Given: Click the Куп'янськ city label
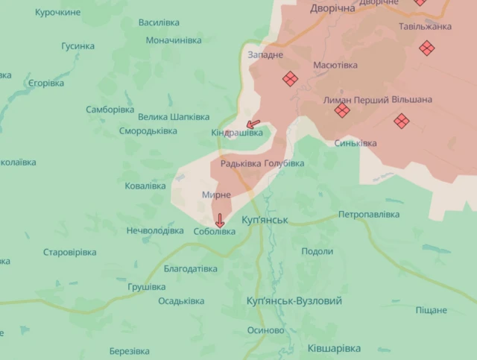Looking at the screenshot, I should click(265, 221).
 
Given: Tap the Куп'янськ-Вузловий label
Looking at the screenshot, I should click(293, 301).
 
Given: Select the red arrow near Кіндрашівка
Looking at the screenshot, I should click(253, 124).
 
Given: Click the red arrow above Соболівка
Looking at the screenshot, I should click(219, 220).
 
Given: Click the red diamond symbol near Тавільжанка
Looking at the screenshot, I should click(426, 48).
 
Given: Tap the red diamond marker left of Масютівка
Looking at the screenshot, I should click(289, 78).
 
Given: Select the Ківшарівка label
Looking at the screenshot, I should click(333, 348).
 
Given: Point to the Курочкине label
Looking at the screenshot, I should click(58, 13).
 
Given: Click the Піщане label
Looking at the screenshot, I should click(431, 309).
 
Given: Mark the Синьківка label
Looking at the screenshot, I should click(356, 143).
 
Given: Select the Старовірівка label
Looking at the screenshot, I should click(70, 252).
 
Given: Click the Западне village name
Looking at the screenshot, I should click(265, 55).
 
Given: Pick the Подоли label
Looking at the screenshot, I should click(318, 251).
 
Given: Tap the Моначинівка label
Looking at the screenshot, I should click(174, 40).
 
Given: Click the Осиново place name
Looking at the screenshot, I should click(265, 330).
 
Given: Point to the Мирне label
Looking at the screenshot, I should click(216, 195).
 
